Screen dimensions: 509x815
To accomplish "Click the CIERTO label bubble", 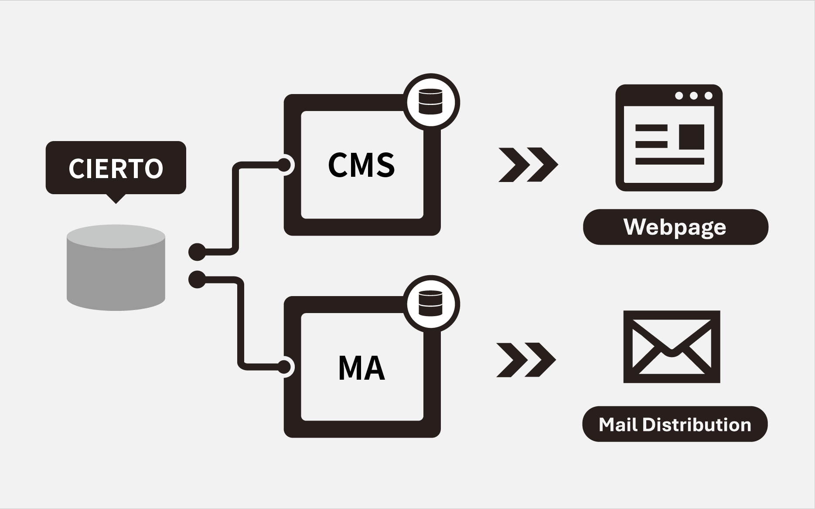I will point(116,167).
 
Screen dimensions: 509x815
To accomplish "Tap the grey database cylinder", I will point(116,268).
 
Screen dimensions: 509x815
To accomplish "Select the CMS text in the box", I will point(361,165).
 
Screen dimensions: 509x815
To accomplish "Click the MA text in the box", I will point(361,368).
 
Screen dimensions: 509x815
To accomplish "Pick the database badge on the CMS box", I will point(430,102).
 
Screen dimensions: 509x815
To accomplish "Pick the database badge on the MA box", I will point(430,303).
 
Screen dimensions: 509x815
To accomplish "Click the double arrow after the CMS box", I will point(528,165).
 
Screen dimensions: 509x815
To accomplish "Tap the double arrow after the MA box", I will point(526,360).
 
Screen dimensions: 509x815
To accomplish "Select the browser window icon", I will point(669,138).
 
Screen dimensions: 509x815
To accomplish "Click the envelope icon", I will point(672,347).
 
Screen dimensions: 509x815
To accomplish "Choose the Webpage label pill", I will point(675,227).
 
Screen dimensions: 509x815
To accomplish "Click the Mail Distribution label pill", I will point(675,424).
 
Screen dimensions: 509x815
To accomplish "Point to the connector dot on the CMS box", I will point(284,165).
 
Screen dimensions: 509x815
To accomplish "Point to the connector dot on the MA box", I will point(284,367).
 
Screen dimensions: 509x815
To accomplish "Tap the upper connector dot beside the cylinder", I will point(197,252).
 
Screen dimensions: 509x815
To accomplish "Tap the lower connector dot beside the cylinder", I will point(197,280).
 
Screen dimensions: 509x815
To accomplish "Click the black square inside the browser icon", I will point(692,137).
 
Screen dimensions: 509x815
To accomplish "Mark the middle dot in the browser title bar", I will point(694,95).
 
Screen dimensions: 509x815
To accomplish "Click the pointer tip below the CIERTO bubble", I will point(116,200).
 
